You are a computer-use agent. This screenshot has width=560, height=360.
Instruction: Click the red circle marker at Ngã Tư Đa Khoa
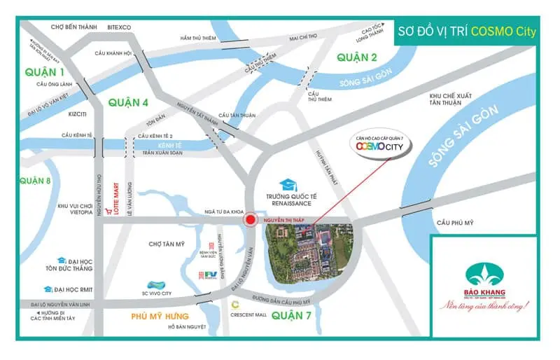pyautogui.click(x=250, y=221)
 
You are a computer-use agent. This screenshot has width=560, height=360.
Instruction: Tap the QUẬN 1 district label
pyautogui.click(x=44, y=72)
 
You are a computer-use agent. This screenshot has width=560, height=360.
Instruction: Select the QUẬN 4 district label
pyautogui.click(x=128, y=102)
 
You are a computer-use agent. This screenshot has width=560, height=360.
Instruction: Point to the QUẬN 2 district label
pyautogui.click(x=356, y=57)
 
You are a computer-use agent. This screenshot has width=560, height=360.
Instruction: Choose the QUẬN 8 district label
pyautogui.click(x=36, y=181)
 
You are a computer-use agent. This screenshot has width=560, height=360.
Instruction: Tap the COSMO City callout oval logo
pyautogui.click(x=381, y=149)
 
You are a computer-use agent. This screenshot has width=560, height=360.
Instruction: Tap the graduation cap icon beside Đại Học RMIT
pyautogui.click(x=48, y=289)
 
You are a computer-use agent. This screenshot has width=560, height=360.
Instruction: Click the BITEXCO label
pyautogui.click(x=119, y=27)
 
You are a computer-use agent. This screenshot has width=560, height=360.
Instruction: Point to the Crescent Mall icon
pyautogui.click(x=236, y=305)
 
